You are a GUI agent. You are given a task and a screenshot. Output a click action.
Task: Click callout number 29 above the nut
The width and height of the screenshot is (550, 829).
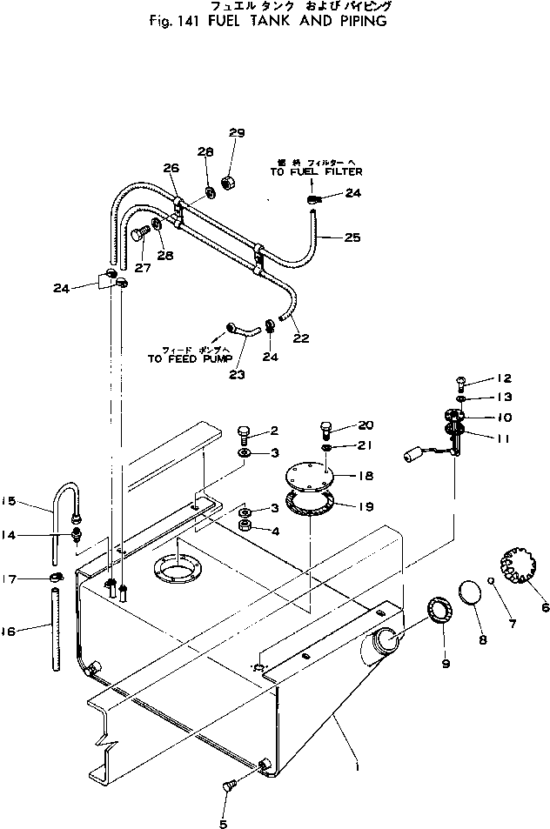coord(237,133)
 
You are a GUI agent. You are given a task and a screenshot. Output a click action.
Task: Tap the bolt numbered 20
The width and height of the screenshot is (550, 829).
coord(325,429)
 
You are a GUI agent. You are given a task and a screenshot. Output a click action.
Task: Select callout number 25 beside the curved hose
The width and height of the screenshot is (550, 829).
coord(352,237)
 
